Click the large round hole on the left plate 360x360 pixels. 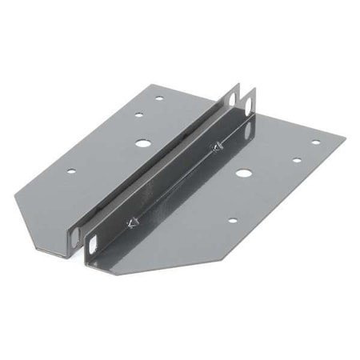[142, 145]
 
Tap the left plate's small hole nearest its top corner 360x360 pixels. [159, 98]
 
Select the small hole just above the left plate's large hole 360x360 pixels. [138, 115]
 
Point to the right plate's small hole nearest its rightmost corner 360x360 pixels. [315, 142]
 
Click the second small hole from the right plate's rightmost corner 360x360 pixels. [296, 160]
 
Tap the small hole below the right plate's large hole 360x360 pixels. [232, 221]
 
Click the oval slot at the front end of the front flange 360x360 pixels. [94, 242]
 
